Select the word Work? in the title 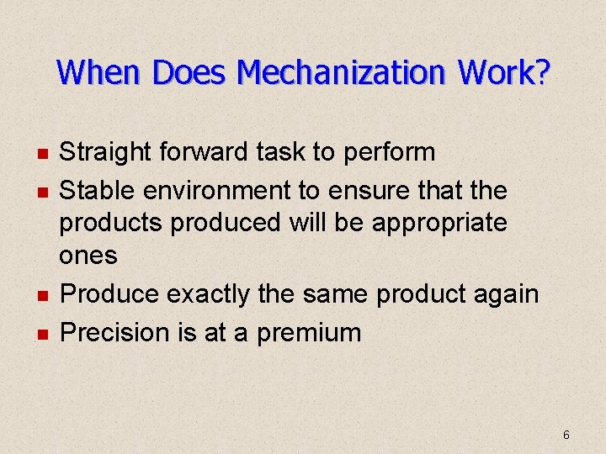click(x=505, y=72)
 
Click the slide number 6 click(x=566, y=435)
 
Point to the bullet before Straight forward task click(x=41, y=154)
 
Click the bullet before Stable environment click(x=41, y=193)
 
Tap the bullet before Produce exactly click(x=41, y=296)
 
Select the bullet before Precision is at click(x=41, y=334)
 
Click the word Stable click(x=98, y=191)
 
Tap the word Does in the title click(x=191, y=72)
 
